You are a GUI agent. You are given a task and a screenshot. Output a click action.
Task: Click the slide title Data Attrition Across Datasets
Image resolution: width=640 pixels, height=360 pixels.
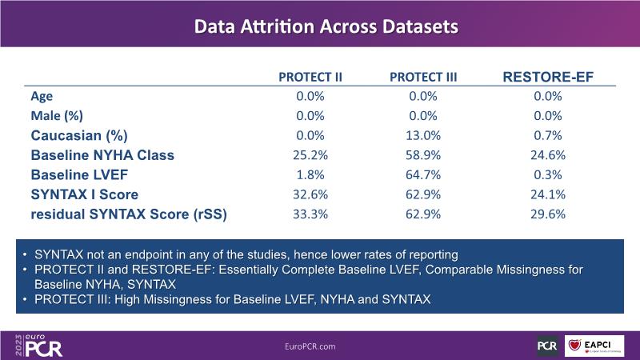coord(326,26)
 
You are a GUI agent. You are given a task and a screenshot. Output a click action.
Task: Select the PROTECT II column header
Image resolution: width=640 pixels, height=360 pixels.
coord(310,77)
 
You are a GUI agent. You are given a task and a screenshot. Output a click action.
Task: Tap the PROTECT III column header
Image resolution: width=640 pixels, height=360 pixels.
coord(423,77)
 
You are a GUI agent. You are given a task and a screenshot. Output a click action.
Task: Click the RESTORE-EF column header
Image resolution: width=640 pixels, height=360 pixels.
coord(547,77)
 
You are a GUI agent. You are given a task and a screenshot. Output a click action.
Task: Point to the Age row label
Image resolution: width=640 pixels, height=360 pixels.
coord(42,96)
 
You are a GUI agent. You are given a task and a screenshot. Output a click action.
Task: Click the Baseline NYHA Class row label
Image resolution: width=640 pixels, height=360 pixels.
coord(102,154)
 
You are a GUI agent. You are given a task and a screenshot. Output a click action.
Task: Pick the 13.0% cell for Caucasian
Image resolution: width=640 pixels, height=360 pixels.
coord(423,135)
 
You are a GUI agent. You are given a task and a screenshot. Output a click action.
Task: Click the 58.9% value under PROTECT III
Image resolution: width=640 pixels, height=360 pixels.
coord(423,154)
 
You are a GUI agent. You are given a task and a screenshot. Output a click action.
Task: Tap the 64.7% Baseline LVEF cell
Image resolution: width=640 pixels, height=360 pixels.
coord(423,174)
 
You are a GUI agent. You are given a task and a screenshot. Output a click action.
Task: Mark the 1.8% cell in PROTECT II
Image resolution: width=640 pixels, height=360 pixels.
coord(310,174)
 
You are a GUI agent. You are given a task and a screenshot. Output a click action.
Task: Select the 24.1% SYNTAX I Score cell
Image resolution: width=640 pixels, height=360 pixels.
coord(547,194)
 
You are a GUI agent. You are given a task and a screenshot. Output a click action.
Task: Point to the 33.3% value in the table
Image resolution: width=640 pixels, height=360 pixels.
coord(310,214)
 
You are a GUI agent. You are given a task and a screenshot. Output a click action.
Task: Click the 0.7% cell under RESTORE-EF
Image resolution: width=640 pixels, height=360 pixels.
coord(547,135)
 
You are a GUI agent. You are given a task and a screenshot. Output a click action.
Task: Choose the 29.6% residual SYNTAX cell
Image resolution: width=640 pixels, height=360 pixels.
coord(547,214)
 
